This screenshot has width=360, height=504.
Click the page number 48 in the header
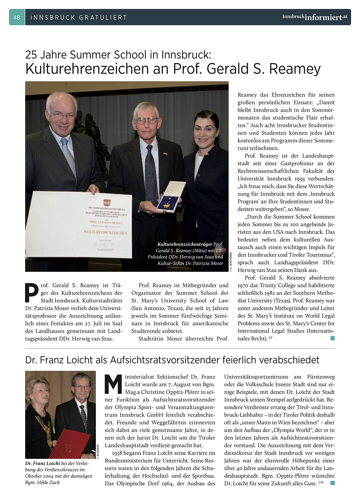point(17,17)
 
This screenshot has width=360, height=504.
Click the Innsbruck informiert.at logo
point(315,17)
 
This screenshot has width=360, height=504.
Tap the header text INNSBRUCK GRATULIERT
point(79,18)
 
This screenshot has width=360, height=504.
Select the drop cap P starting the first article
point(32,293)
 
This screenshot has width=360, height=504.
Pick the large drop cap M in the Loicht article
point(113,384)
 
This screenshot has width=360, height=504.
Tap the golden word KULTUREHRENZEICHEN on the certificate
point(105,232)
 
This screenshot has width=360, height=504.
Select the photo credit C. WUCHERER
point(231,262)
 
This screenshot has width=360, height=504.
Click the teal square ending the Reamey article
point(332,338)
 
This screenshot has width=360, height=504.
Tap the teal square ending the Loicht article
point(332,483)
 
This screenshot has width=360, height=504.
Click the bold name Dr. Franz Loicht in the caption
point(43,463)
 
